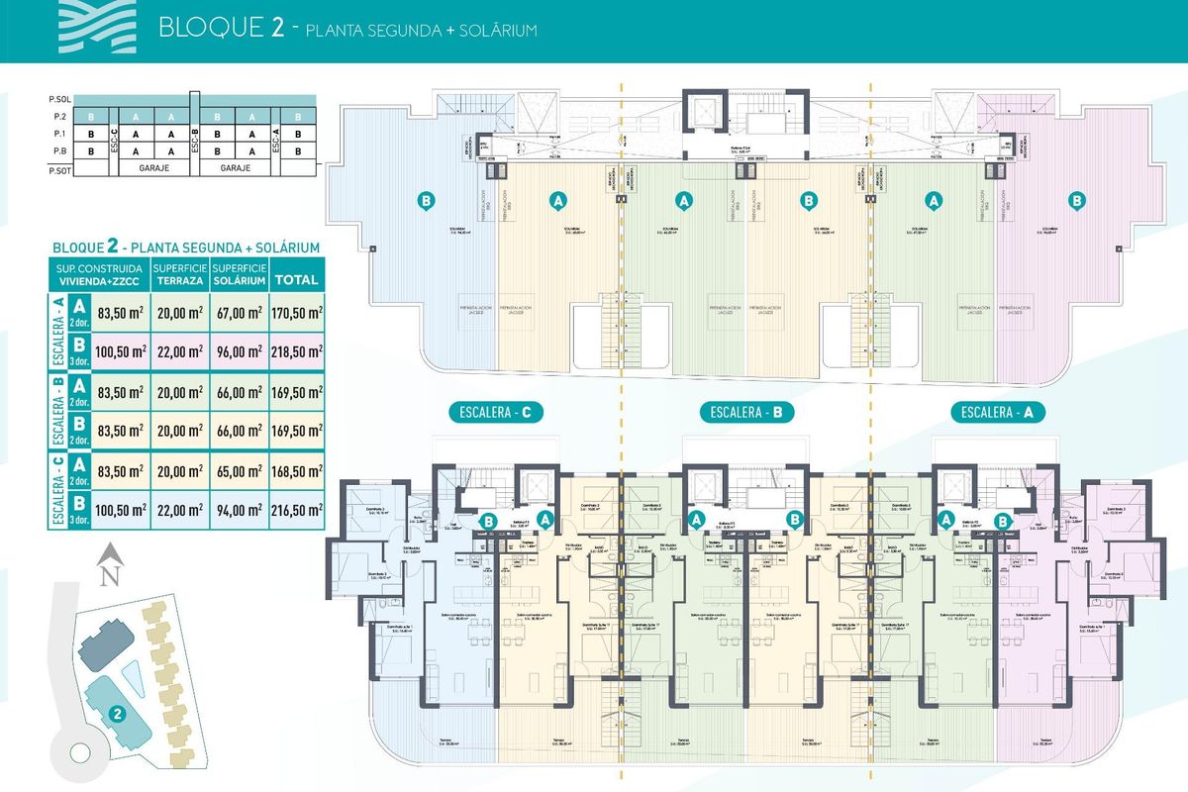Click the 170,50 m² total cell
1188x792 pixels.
297,312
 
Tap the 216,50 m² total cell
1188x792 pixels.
297,510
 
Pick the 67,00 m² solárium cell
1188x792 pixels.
239,312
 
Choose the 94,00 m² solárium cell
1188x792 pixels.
239,510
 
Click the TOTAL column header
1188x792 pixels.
297,279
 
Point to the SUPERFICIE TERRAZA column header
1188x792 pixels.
179,275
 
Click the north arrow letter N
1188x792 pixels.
112,571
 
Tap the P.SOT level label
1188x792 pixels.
60,169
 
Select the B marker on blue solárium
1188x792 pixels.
427,201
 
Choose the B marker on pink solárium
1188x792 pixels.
1076,201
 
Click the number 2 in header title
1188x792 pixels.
279,27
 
